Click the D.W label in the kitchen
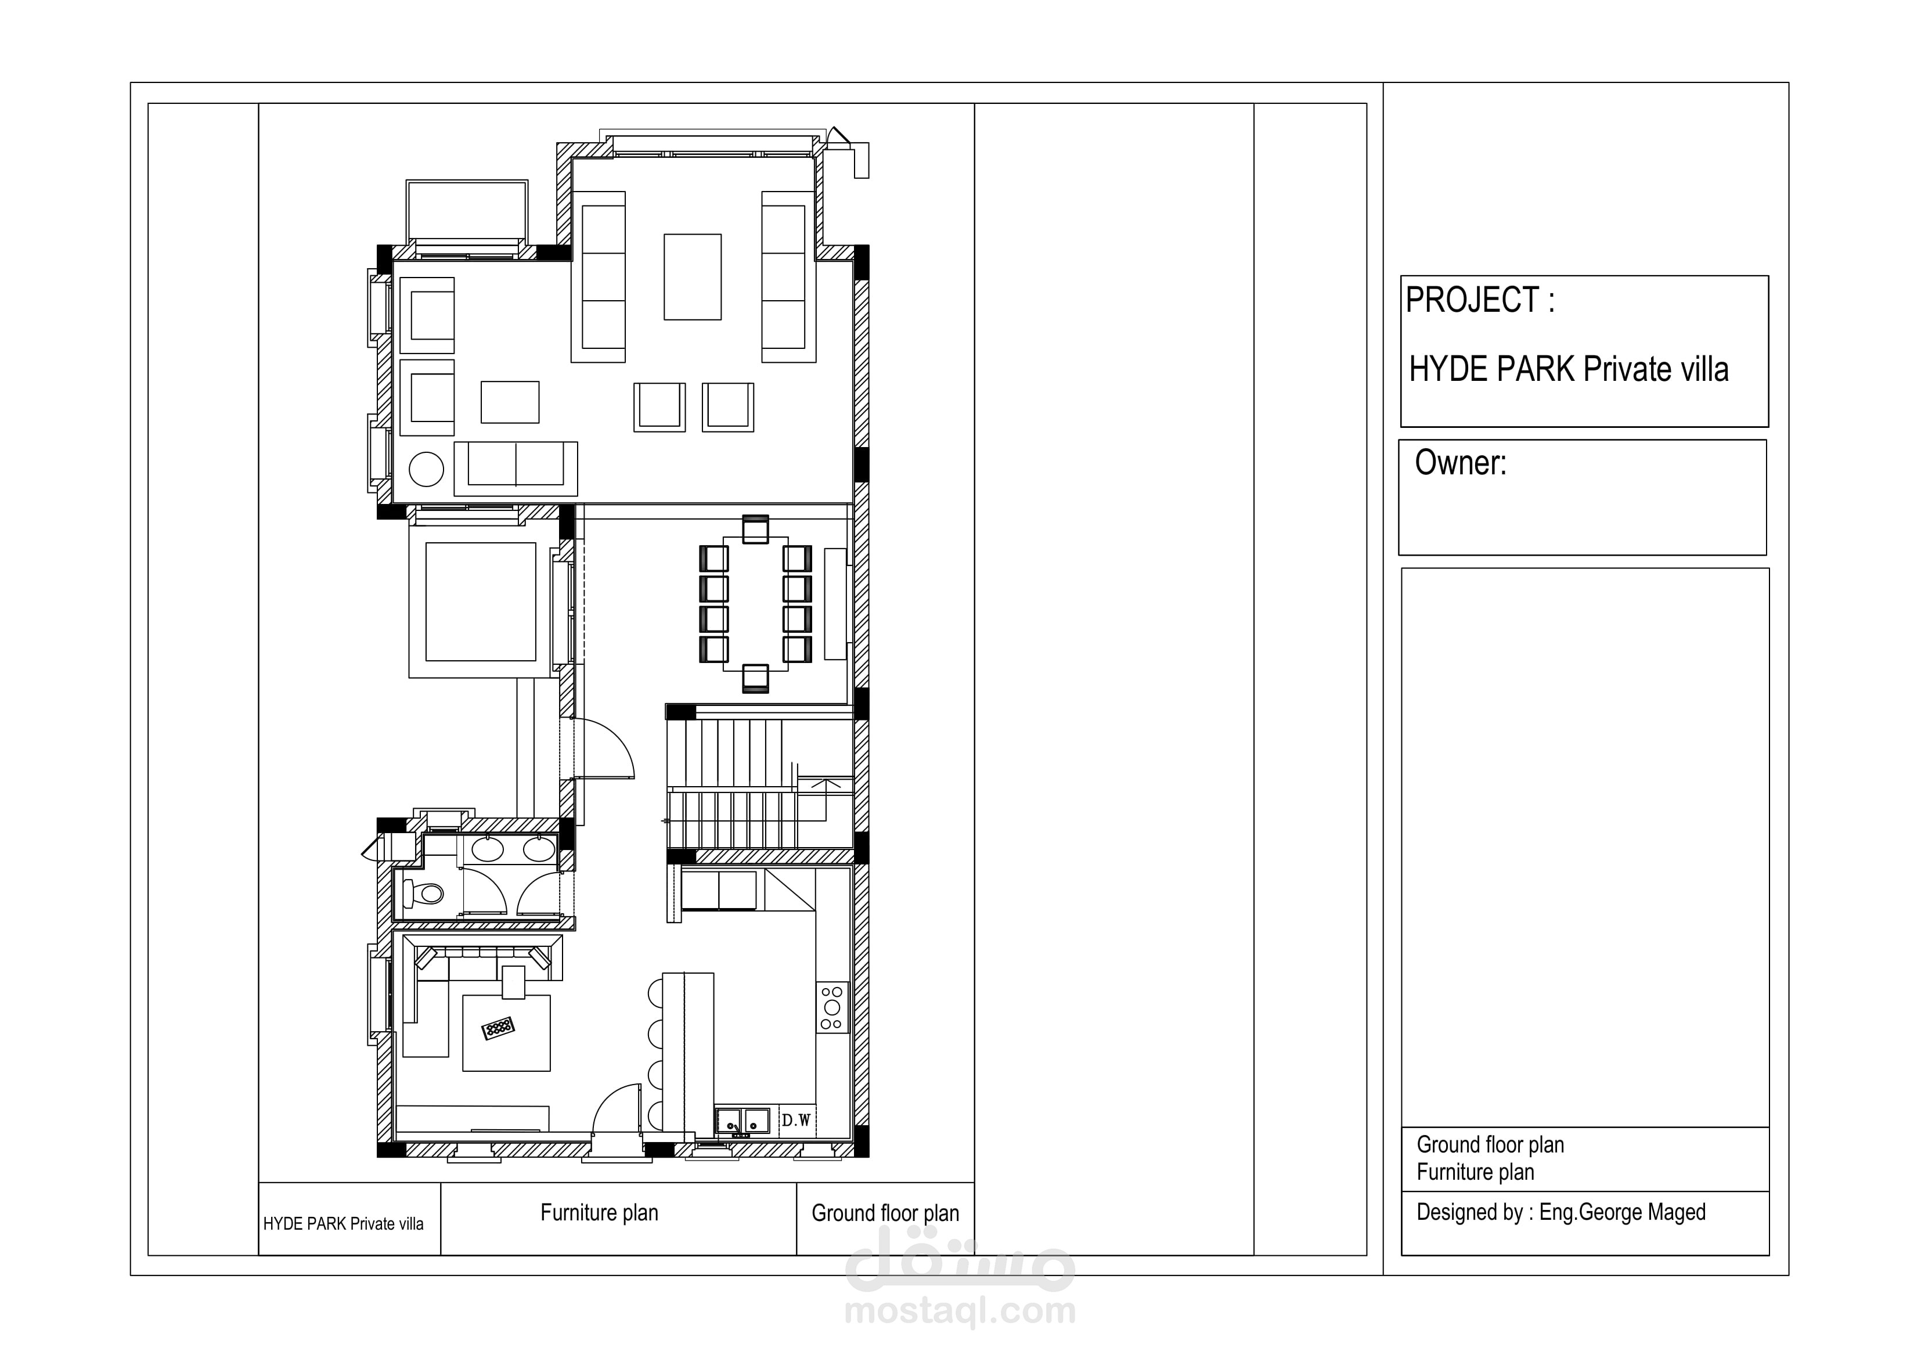(x=796, y=1121)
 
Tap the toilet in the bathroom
(x=423, y=894)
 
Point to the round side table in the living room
(x=426, y=469)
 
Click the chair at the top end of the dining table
(x=755, y=529)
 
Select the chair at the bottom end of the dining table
(x=755, y=679)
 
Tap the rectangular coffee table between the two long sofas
(x=693, y=277)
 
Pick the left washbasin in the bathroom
(x=487, y=849)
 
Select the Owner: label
(x=1460, y=463)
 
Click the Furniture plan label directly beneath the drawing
(x=599, y=1213)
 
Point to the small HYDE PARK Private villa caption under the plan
(x=343, y=1224)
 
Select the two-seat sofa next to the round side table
(x=516, y=469)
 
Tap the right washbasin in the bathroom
(x=539, y=849)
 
